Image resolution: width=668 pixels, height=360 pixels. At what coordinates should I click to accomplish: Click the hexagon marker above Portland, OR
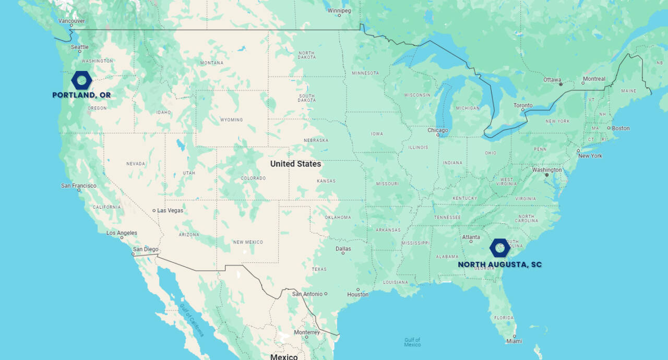(81, 80)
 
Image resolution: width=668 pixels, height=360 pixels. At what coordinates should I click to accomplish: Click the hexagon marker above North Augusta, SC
(500, 248)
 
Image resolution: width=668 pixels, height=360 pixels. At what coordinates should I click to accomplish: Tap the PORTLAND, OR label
(81, 95)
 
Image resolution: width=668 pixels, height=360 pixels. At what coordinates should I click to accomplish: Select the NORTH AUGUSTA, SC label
(499, 265)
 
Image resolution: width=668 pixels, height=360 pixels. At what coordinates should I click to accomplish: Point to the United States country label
(295, 164)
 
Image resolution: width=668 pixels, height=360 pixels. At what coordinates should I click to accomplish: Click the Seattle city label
(80, 47)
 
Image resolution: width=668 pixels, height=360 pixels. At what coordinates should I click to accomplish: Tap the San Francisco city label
(79, 186)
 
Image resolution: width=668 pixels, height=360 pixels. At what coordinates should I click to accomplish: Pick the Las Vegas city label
(170, 210)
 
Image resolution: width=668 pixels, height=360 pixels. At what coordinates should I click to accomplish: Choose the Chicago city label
(438, 130)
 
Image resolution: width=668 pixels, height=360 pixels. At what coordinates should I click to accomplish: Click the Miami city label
(514, 341)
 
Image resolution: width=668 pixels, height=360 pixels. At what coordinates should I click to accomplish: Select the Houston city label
(358, 294)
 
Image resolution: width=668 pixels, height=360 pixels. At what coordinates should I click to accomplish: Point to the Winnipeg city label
(339, 10)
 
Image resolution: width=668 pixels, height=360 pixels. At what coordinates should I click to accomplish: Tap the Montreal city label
(594, 79)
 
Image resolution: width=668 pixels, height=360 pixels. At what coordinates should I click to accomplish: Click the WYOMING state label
(231, 119)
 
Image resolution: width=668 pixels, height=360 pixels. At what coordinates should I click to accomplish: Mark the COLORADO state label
(253, 178)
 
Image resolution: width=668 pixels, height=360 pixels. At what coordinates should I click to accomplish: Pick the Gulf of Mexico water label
(412, 342)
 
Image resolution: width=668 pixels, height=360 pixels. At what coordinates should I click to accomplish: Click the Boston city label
(621, 128)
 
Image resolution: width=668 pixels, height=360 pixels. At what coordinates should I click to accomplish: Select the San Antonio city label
(307, 294)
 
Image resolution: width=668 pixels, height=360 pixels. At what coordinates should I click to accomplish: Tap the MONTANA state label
(212, 63)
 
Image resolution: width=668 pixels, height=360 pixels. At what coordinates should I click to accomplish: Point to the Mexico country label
(284, 357)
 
